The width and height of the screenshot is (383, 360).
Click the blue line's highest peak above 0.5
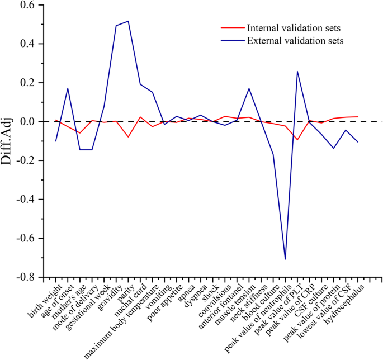click(x=128, y=21)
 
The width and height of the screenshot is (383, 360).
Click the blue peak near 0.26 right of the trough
click(x=297, y=72)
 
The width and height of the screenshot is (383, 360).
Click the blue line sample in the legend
click(x=230, y=40)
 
